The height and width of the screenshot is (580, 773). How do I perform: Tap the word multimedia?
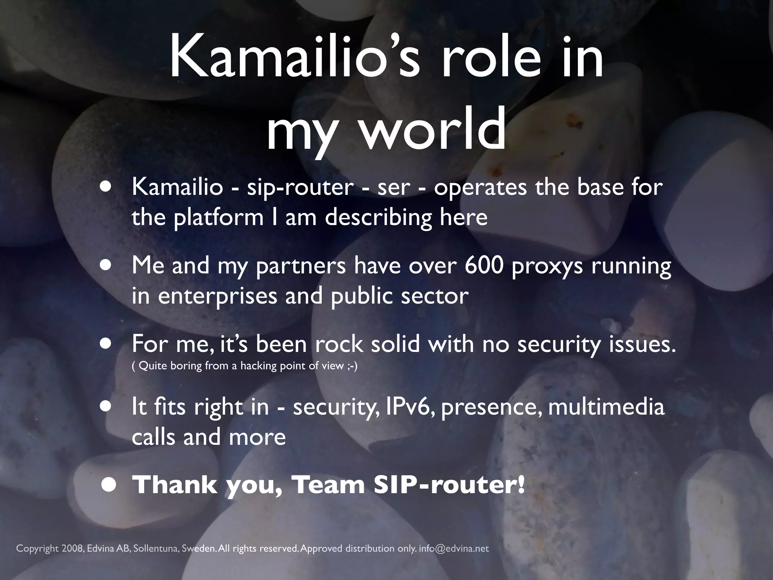606,407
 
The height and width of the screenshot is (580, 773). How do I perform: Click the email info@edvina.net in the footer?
454,548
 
